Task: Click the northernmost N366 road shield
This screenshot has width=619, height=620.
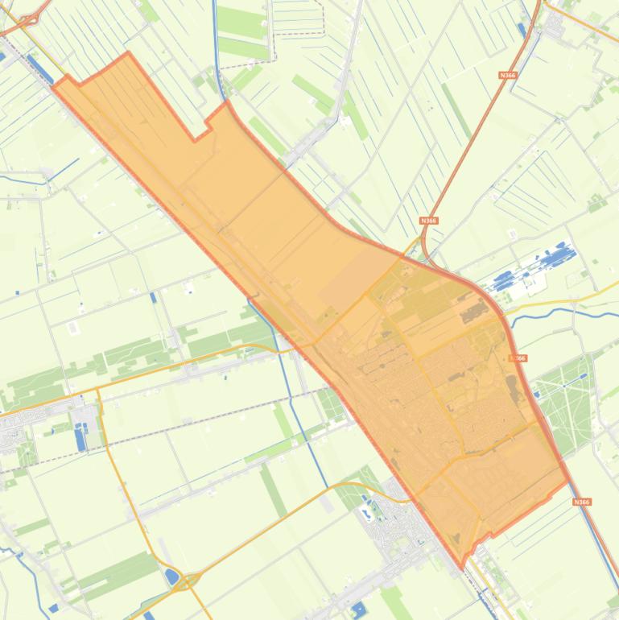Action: pyautogui.click(x=507, y=75)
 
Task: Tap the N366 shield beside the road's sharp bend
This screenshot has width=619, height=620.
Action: pyautogui.click(x=429, y=220)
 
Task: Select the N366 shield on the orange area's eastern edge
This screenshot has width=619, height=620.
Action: pyautogui.click(x=518, y=358)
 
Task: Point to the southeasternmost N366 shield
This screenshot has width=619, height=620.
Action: pyautogui.click(x=582, y=502)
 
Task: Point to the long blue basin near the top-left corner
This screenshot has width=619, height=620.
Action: pyautogui.click(x=39, y=68)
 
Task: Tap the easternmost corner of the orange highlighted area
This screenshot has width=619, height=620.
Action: pyautogui.click(x=568, y=481)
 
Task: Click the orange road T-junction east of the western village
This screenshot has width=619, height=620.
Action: pyautogui.click(x=97, y=390)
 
